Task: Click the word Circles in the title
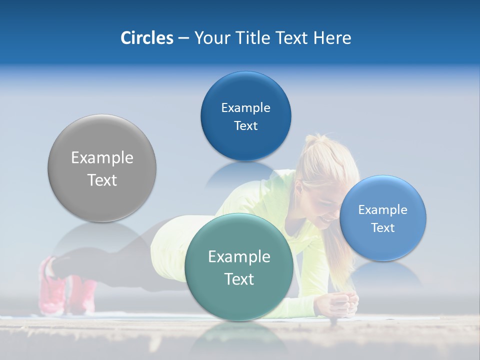146,38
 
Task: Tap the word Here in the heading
332,38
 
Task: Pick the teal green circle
239,300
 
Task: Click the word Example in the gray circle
102,158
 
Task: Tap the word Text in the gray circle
102,180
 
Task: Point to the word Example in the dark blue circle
245,107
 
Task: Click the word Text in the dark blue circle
245,125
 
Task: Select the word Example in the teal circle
239,256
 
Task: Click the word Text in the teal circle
239,279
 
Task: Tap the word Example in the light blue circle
383,209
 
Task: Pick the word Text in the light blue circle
383,227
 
